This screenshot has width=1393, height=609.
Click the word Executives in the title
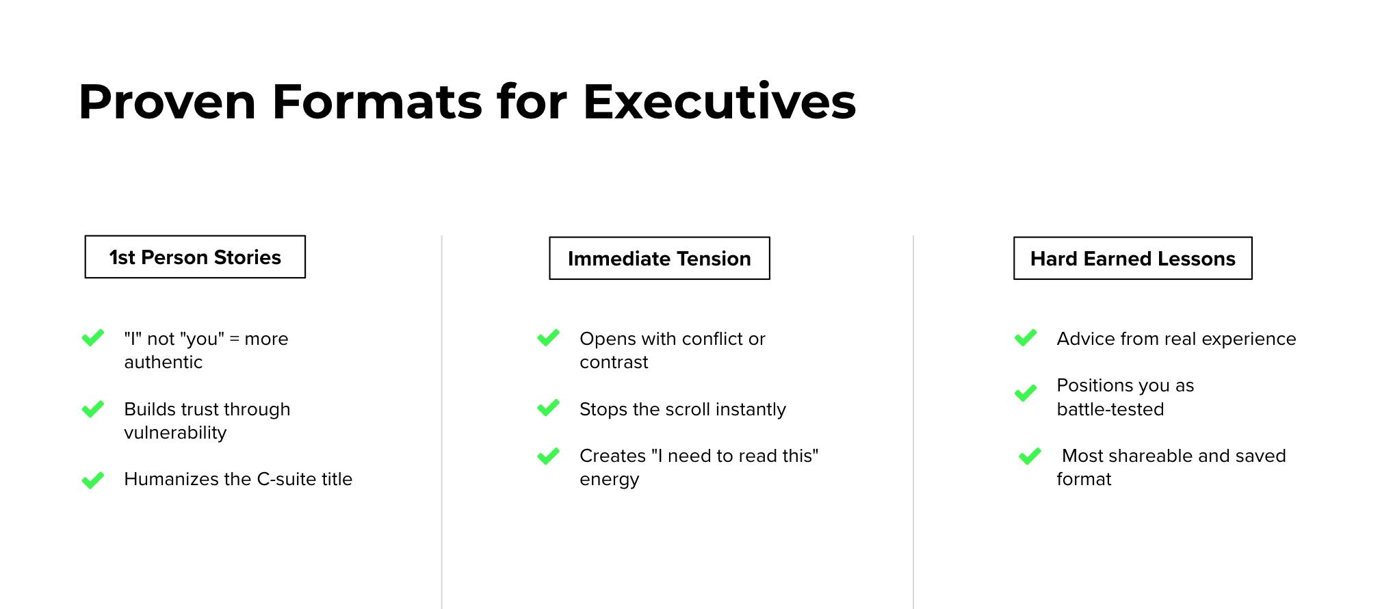pos(719,101)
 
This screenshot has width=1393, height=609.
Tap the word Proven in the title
pos(168,101)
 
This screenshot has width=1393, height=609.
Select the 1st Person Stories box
pos(195,257)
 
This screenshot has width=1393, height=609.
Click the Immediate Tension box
pos(660,258)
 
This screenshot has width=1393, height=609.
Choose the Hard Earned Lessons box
pos(1133,258)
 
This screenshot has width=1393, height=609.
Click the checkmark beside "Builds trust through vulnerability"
pos(93,409)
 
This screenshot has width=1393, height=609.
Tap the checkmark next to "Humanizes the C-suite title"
pos(93,480)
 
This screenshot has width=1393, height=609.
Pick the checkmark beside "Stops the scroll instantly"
pos(549,408)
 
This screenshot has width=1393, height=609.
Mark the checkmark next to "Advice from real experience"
pos(1026,337)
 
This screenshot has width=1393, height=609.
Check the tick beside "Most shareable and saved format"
pos(1030,456)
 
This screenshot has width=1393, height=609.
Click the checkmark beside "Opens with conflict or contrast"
pos(549,337)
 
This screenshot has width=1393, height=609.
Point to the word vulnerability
pos(175,433)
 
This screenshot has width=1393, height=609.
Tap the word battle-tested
pos(1110,409)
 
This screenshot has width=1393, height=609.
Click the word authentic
pos(164,362)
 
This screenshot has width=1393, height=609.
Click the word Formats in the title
pos(378,101)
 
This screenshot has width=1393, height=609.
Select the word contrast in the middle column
pos(614,363)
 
